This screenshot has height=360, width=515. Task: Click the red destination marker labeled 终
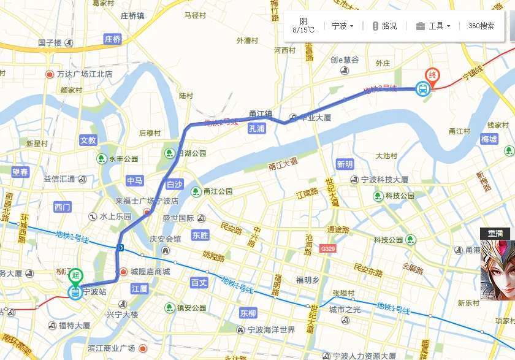(433, 75)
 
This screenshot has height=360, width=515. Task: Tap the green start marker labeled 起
(75, 277)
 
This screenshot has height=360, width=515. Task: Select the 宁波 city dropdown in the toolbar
(342, 26)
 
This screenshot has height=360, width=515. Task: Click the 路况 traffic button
(384, 26)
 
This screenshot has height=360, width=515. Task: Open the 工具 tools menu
(434, 26)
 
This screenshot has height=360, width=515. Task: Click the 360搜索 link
(481, 26)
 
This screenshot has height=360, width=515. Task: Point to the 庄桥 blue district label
(113, 39)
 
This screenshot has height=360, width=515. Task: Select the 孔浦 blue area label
(257, 129)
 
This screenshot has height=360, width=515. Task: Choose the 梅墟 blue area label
(489, 140)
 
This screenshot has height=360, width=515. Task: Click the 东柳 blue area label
(248, 313)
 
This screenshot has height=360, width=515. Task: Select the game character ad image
(497, 270)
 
